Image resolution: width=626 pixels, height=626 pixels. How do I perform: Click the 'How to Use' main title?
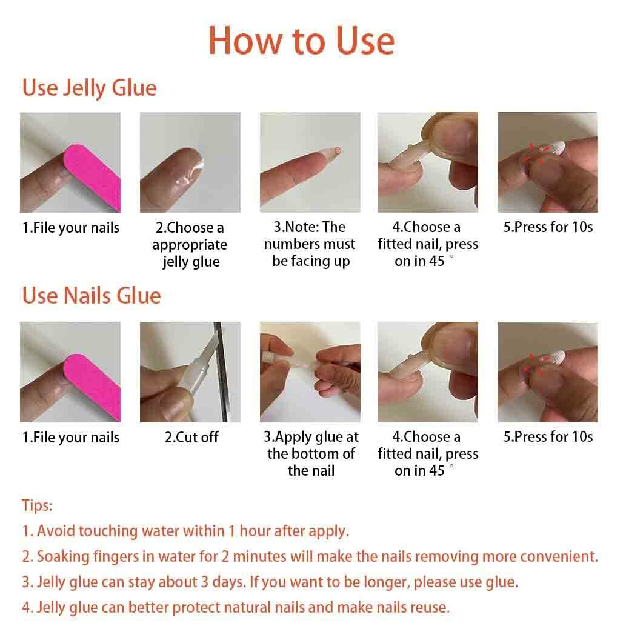[x=301, y=41]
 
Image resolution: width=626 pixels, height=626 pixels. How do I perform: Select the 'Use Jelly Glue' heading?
[x=89, y=88]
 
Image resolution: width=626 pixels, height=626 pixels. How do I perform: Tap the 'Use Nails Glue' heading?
[x=92, y=296]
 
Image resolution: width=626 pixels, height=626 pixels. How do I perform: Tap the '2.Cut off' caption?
[x=191, y=438]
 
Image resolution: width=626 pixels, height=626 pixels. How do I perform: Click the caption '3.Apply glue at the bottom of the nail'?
[x=310, y=453]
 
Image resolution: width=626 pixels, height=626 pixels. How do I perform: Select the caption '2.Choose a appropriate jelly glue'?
[x=190, y=245]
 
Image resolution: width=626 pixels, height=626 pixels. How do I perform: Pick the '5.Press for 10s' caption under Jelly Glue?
[x=548, y=228]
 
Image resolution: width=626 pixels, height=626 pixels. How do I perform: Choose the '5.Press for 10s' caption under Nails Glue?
[x=548, y=437]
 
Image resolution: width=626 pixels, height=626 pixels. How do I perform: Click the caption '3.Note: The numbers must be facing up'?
[x=310, y=244]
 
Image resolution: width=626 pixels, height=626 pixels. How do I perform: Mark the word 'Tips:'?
[x=37, y=505]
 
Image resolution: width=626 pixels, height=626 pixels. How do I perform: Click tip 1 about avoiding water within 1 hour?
[x=185, y=531]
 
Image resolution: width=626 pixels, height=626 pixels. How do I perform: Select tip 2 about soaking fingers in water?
[x=310, y=556]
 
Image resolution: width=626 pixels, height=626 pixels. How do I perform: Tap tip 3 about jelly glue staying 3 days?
[x=270, y=582]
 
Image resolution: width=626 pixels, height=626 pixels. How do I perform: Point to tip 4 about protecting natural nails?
[x=236, y=607]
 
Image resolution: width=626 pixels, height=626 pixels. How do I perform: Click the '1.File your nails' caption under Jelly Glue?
[x=71, y=228]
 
